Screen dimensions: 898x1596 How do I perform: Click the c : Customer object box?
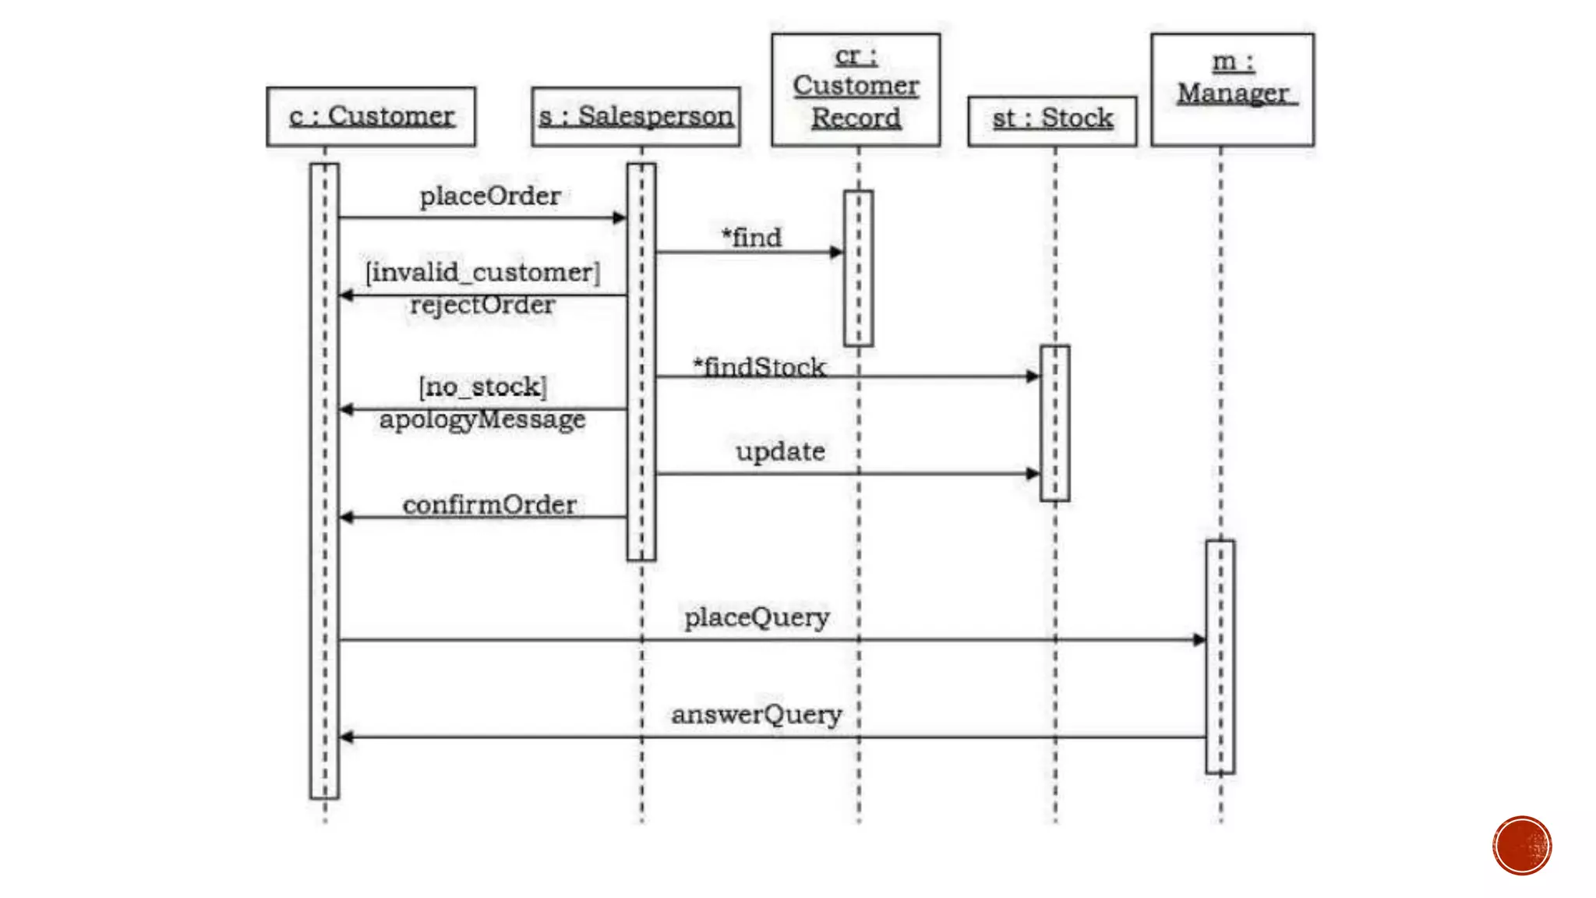pos(371,117)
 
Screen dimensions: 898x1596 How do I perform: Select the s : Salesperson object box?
pos(636,117)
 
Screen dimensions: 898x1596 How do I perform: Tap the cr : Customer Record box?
pos(856,89)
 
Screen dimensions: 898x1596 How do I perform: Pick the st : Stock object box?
pos(1052,120)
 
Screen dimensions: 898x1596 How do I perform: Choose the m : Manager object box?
pos(1232,89)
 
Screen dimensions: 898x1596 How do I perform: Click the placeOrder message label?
pos(490,196)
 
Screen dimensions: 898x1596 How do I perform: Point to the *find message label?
pos(751,238)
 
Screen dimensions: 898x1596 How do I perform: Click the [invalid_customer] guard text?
pos(483,273)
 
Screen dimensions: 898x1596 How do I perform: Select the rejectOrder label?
pos(482,305)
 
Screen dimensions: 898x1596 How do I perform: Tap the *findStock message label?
pos(760,367)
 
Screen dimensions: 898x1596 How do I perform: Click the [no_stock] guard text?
pos(483,387)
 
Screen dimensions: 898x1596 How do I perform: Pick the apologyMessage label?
pos(482,419)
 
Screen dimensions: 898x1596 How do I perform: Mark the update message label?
pos(780,451)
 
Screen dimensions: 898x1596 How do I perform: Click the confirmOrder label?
pos(489,505)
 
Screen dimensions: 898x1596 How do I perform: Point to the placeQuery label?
pos(757,617)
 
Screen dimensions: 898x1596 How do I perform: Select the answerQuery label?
pos(757,714)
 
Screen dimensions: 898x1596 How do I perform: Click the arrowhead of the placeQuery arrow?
pos(1199,640)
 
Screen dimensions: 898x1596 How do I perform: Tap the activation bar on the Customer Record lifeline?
pos(858,268)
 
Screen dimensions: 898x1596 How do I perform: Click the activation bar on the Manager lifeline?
pos(1220,656)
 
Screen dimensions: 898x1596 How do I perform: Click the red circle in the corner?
pos(1522,846)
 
